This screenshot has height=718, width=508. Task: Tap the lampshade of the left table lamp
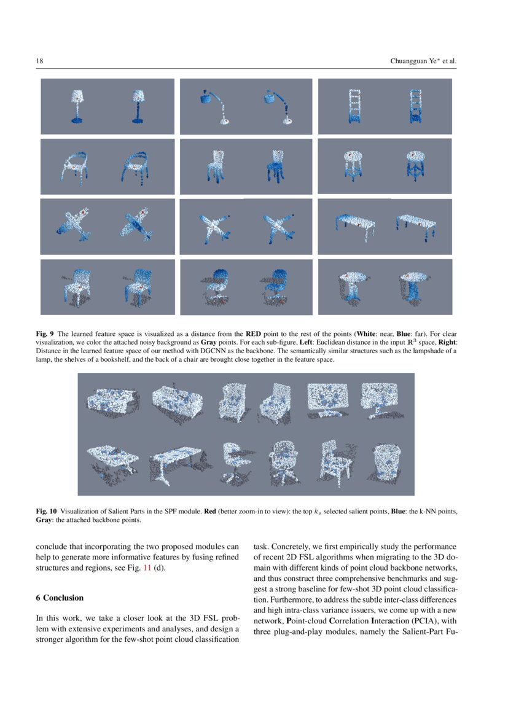[78, 96]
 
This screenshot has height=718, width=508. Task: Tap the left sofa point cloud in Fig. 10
[111, 400]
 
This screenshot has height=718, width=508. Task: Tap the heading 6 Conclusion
[59, 598]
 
